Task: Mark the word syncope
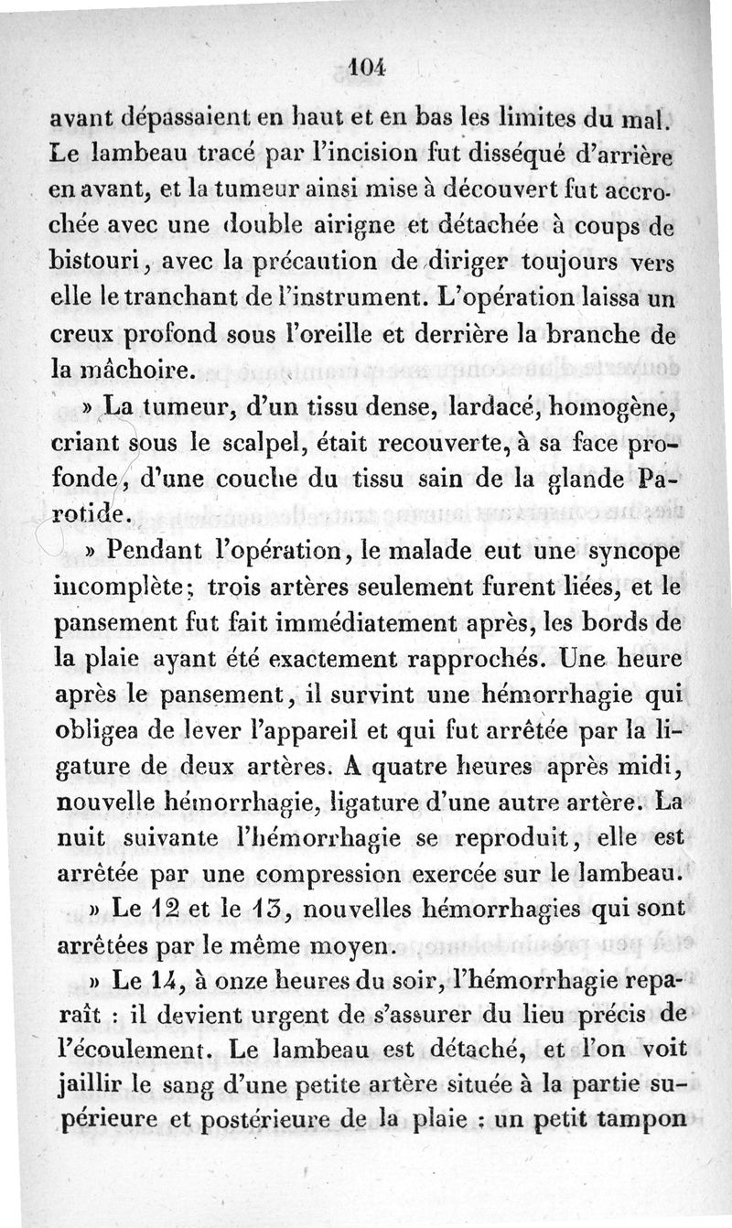point(631,555)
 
